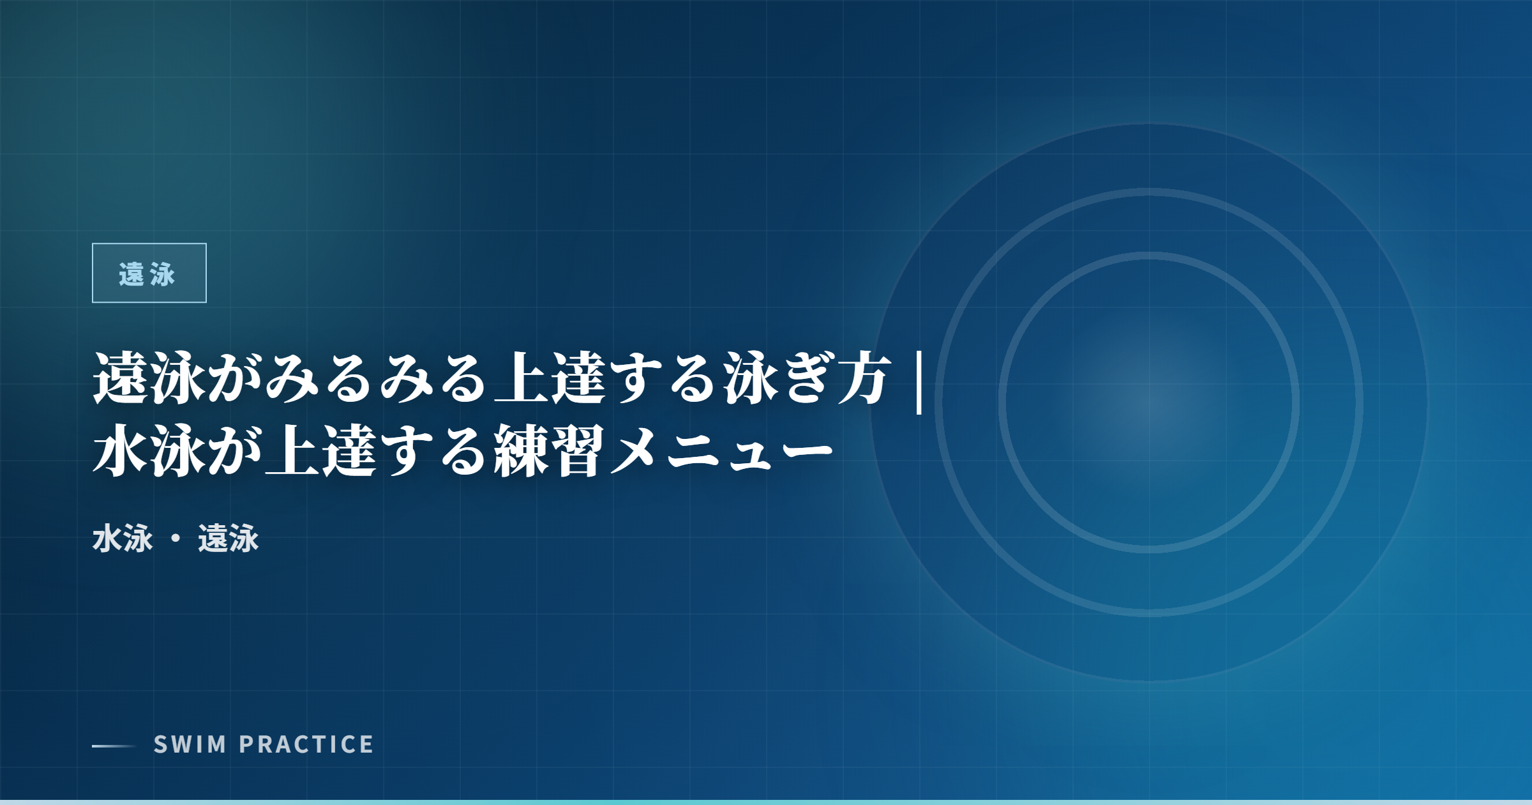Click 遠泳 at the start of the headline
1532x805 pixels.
149,379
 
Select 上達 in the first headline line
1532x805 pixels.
552,379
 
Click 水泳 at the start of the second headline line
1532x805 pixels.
149,450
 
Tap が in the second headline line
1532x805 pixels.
236,450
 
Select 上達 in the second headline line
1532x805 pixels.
322,450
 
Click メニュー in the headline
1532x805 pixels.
722,450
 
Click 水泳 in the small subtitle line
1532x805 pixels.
123,538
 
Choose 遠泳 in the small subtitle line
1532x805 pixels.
229,538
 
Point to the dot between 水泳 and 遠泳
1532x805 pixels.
176,539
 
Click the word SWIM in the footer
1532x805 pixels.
190,744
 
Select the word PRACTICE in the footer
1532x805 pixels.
306,744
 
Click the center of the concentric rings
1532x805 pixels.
1149,402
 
